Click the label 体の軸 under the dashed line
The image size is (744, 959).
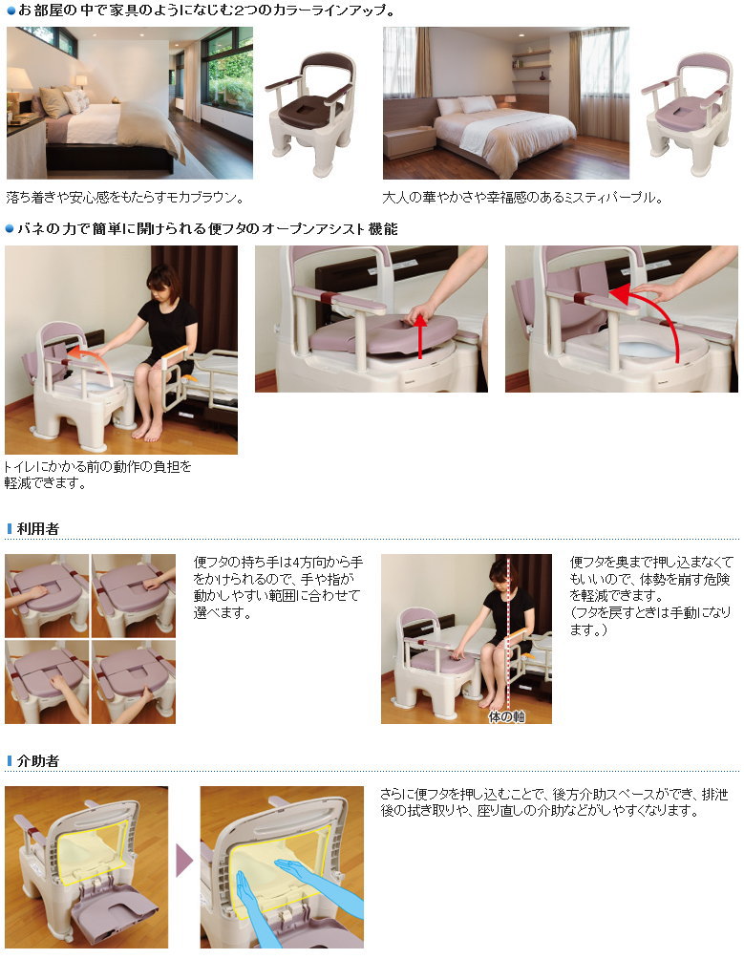506,715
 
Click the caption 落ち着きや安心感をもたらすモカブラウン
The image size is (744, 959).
124,199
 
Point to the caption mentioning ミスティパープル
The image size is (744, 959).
522,199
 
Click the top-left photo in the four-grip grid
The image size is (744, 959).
47,595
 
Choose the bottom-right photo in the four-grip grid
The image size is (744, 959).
133,681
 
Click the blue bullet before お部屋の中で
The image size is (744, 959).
11,11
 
